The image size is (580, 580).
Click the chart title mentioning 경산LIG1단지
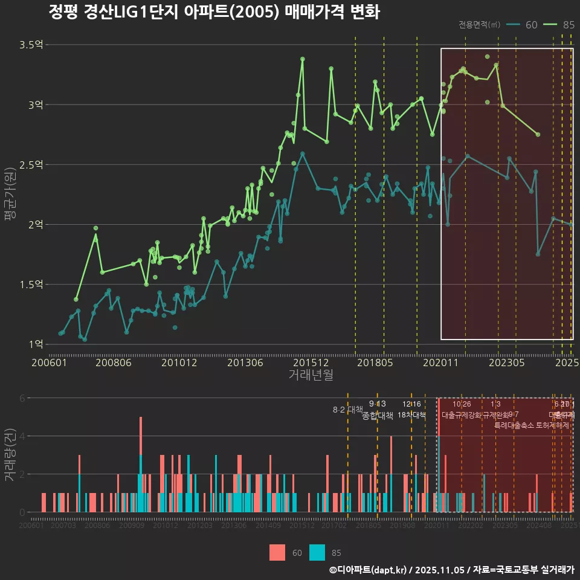[214, 13]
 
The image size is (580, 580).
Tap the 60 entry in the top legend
[531, 25]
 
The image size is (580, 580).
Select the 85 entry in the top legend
[568, 25]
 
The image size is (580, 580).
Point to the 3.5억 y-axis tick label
[31, 45]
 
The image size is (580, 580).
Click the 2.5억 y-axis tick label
[31, 164]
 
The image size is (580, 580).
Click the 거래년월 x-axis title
[311, 375]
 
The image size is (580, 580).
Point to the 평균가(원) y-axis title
[10, 195]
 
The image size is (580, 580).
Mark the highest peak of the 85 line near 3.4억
[303, 59]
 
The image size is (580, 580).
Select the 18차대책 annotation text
[412, 415]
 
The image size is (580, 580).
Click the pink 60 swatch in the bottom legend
[277, 552]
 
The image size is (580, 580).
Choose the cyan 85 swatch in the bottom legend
[317, 552]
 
